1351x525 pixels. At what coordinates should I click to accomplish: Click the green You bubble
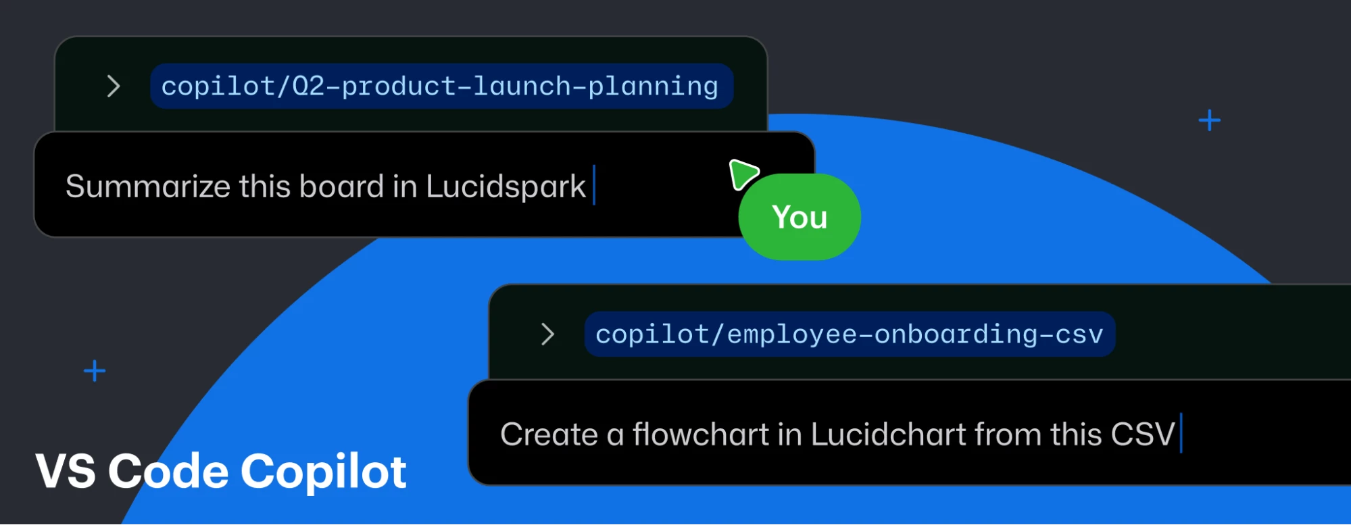tap(800, 217)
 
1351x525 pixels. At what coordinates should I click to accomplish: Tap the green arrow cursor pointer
tap(743, 174)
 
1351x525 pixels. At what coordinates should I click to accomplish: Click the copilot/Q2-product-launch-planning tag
tap(441, 86)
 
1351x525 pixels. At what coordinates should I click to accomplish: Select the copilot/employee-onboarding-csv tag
tap(850, 334)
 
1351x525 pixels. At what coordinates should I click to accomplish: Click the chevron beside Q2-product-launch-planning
tap(114, 86)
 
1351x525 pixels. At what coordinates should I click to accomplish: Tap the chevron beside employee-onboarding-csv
tap(548, 334)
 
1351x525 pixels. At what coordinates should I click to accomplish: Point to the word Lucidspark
tap(506, 187)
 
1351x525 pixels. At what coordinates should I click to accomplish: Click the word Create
tap(549, 434)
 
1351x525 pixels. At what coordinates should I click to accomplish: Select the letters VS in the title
tap(66, 471)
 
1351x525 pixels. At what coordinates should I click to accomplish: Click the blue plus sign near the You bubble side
tap(1210, 121)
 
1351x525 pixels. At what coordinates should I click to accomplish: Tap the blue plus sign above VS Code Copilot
tap(95, 371)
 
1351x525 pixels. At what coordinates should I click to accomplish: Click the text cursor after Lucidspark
tap(594, 185)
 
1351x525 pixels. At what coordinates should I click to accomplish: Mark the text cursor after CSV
tap(1181, 433)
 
